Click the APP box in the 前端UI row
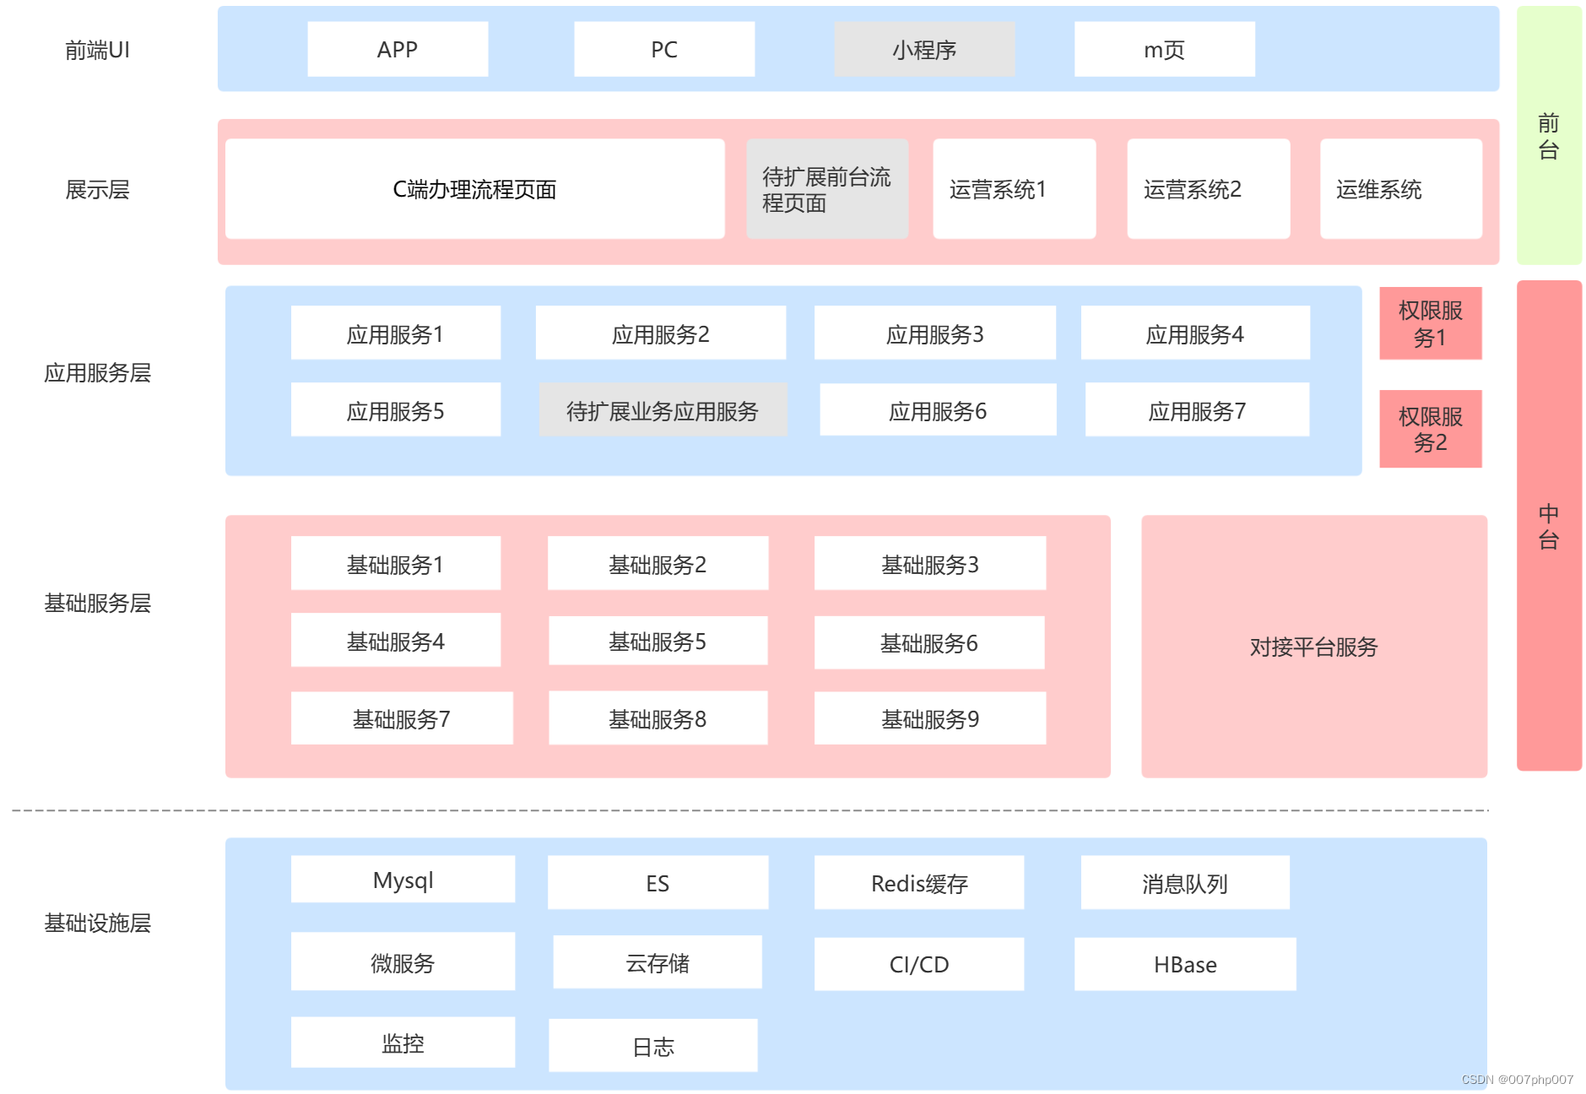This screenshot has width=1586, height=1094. [398, 50]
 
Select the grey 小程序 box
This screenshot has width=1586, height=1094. [924, 50]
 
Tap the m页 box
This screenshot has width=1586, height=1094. [1164, 50]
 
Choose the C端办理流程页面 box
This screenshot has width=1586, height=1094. [474, 189]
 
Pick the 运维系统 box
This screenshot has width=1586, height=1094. [1400, 189]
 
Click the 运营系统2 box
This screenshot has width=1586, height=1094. [1208, 189]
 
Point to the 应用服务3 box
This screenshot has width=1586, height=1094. [934, 333]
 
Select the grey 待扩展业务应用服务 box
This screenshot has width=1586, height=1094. [663, 410]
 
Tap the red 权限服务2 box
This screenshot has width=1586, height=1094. [1430, 429]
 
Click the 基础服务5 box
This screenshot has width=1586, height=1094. [658, 642]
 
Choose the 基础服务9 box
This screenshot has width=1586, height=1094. [929, 718]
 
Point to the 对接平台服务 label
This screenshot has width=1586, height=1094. [1313, 647]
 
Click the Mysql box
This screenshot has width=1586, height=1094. [403, 880]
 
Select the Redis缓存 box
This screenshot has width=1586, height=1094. [918, 883]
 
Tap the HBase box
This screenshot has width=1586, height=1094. [1184, 964]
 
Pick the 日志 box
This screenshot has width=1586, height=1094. [652, 1046]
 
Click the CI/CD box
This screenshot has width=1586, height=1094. [918, 964]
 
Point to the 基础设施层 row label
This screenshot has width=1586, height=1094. [97, 923]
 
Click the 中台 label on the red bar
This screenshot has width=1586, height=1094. [1548, 526]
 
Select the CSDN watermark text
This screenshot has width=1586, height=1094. [1517, 1080]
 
